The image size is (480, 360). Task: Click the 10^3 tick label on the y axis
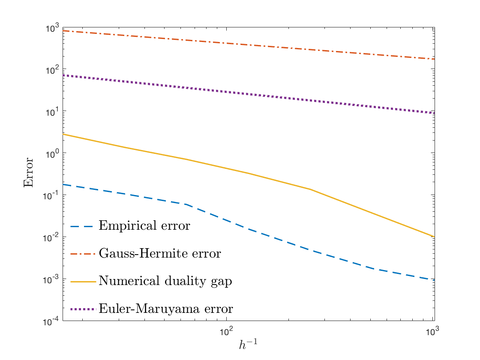point(52,28)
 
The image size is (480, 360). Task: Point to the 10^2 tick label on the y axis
point(52,70)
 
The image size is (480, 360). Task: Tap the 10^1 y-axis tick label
point(52,112)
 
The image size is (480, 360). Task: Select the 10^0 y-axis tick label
point(52,154)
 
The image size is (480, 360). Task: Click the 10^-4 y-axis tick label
point(51,322)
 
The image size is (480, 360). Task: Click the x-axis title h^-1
point(248,344)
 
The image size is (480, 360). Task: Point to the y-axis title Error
point(28,172)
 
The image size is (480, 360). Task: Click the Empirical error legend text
point(144,226)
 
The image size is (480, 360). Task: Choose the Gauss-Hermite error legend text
point(160,253)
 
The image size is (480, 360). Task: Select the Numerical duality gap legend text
point(165,281)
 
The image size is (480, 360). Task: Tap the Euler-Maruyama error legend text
point(166,309)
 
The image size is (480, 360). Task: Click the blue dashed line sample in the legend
point(81,227)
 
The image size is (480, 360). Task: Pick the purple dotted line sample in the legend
point(83,309)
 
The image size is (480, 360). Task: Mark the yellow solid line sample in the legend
point(83,282)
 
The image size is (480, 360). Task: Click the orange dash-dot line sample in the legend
point(83,254)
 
